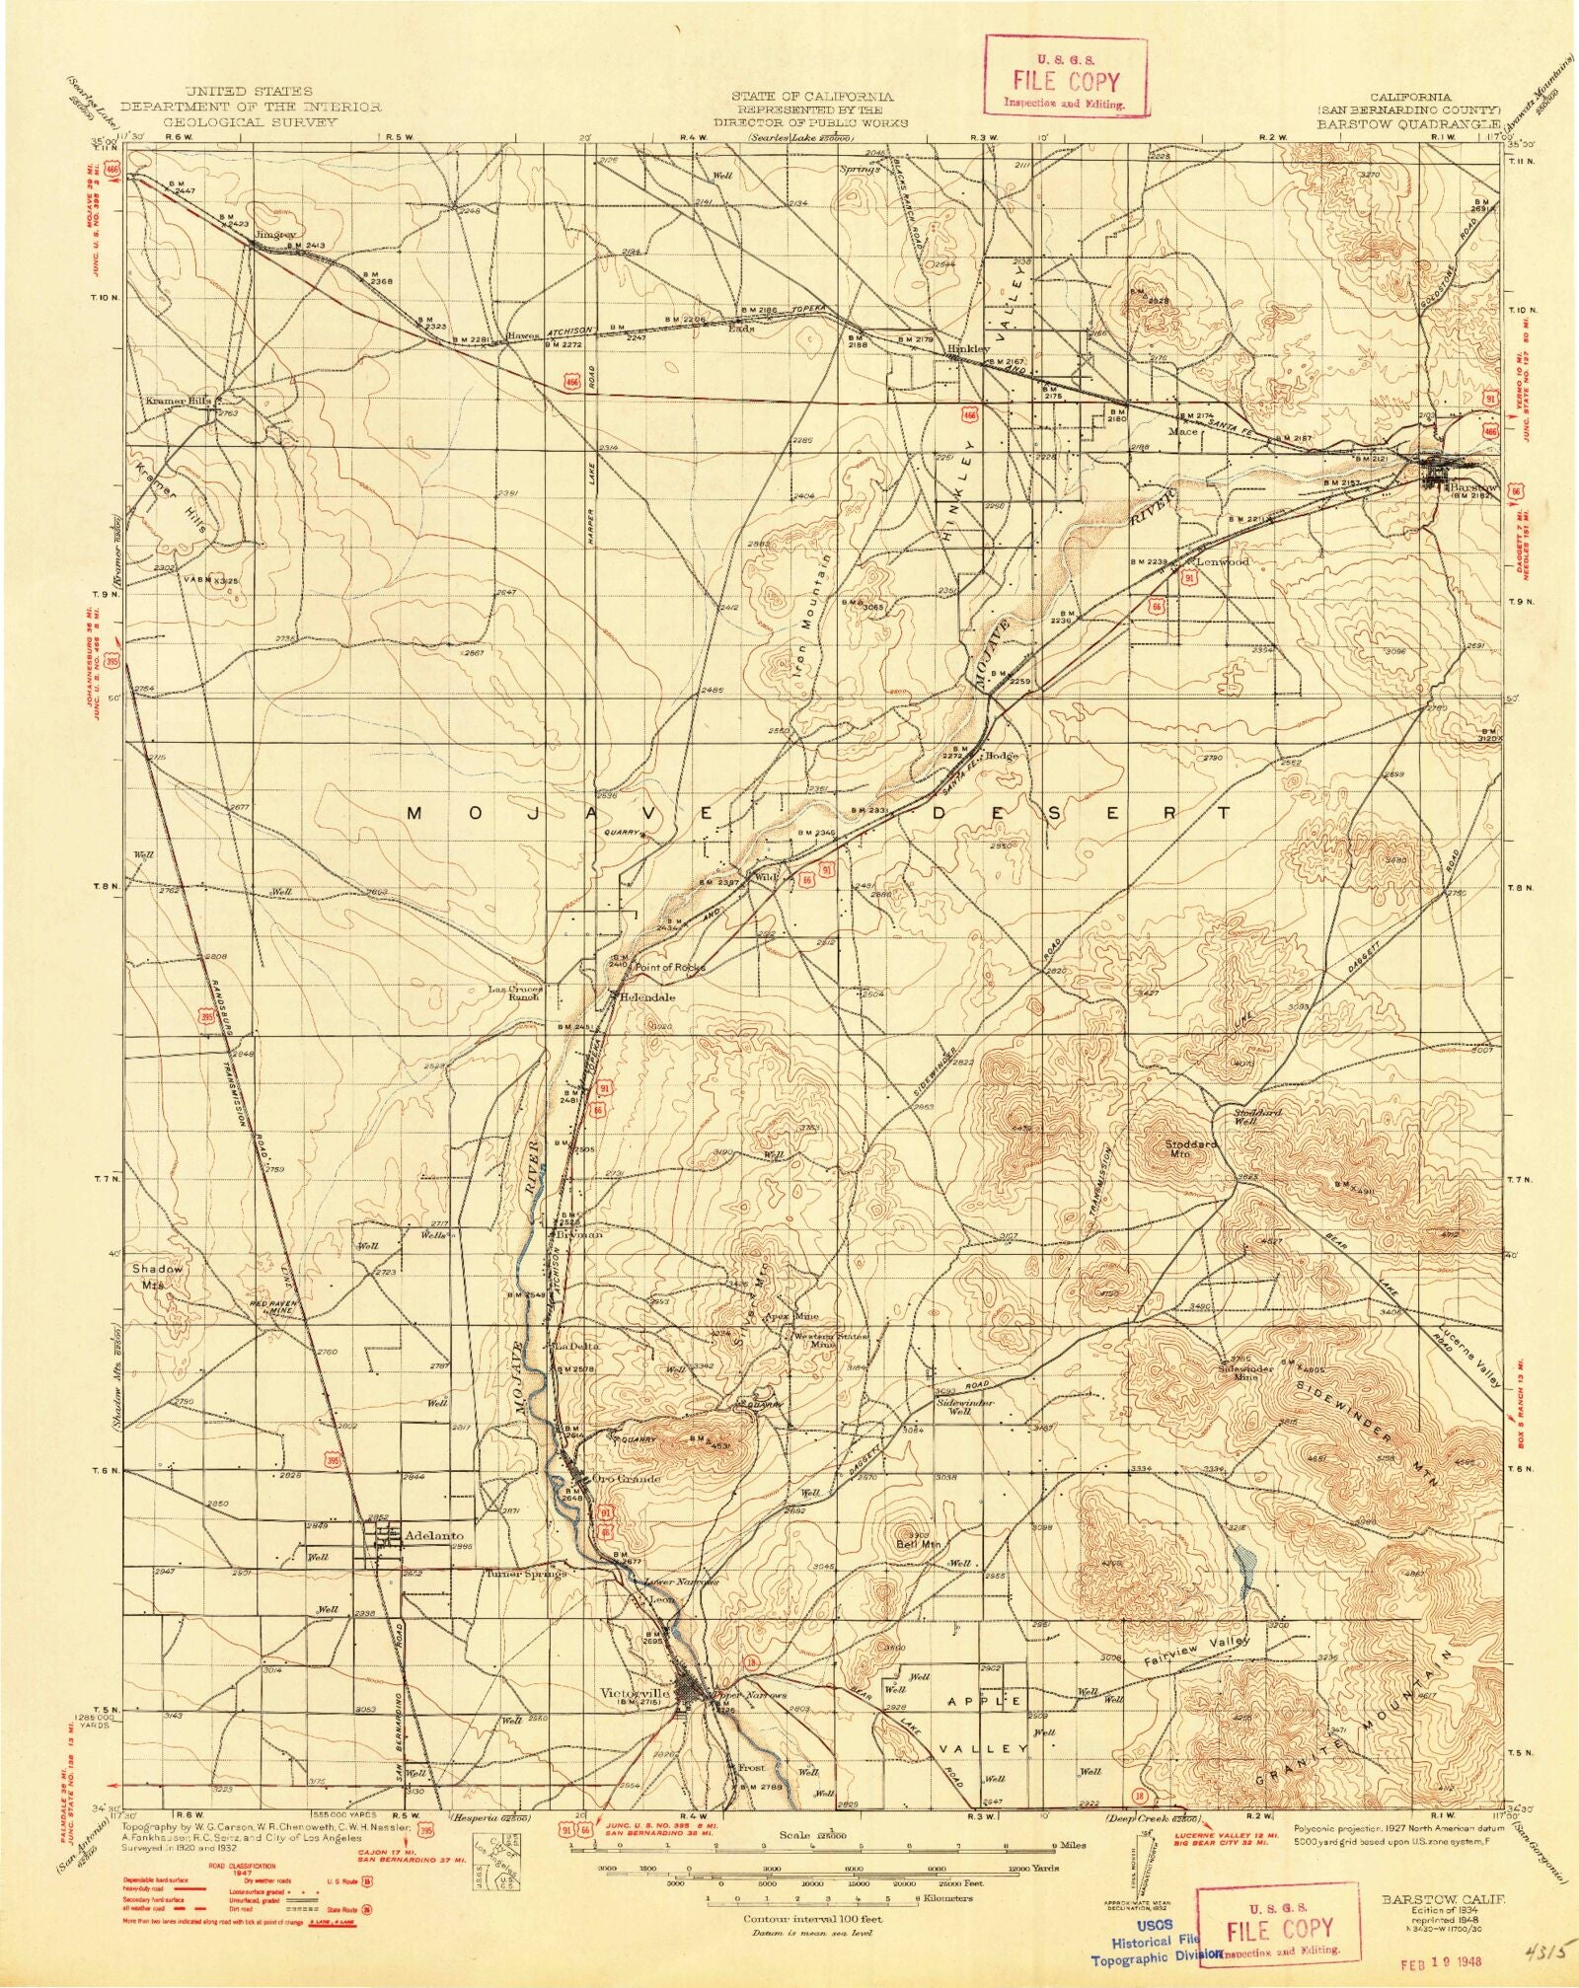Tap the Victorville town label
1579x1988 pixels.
tap(635, 1691)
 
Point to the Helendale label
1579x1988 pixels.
tap(648, 996)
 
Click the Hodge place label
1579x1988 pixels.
tap(999, 756)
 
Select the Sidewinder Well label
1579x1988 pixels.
tap(964, 1407)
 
